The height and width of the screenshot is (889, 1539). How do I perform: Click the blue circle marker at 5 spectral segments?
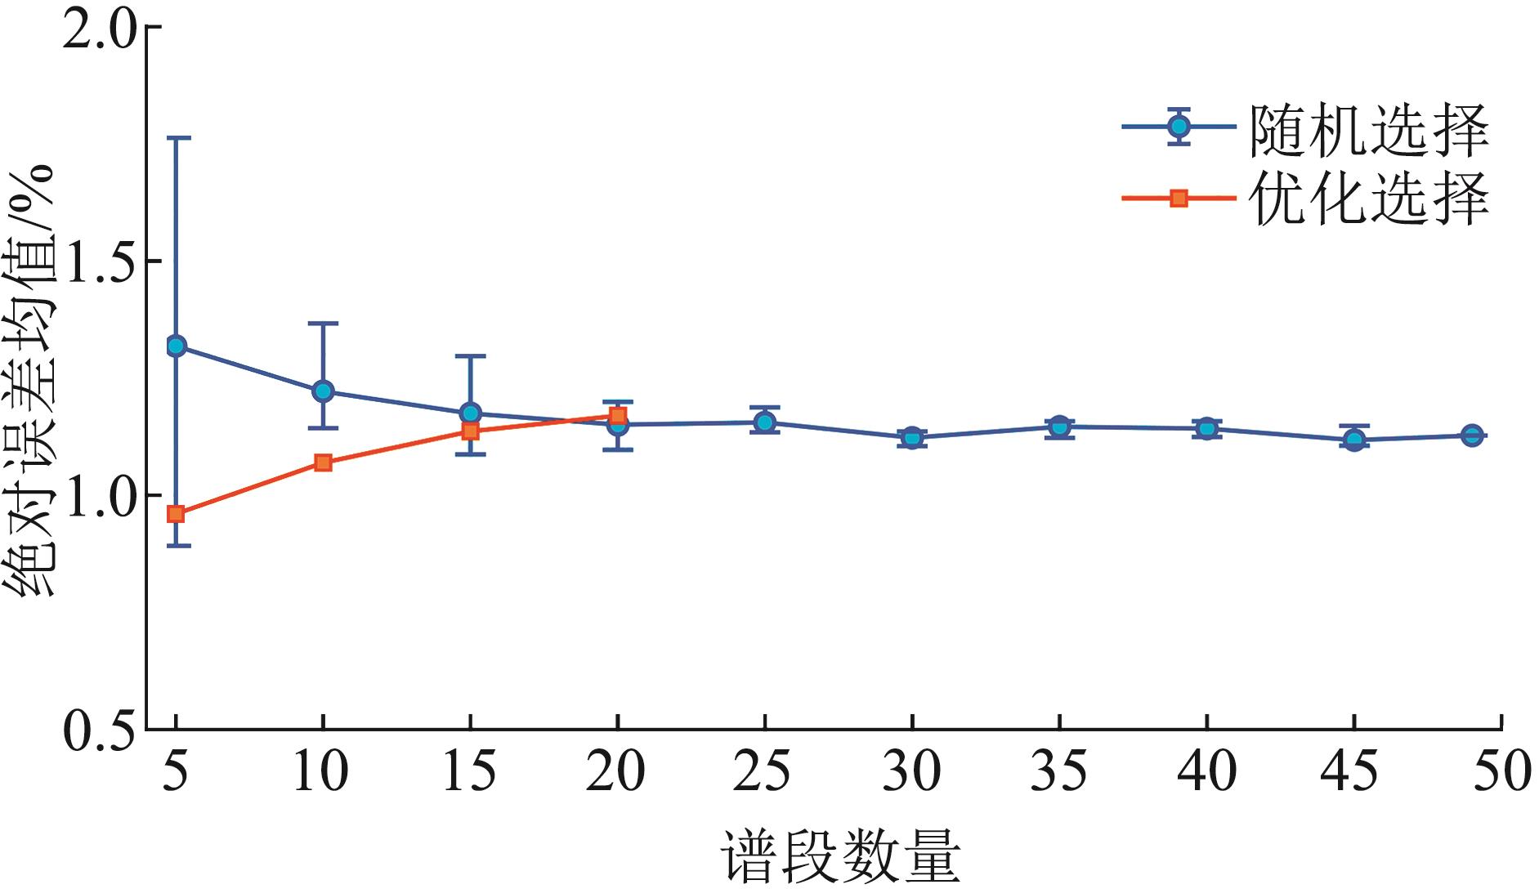point(176,346)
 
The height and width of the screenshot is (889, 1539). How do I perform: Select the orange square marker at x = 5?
point(176,514)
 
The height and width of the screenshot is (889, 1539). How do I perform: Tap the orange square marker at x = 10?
point(323,462)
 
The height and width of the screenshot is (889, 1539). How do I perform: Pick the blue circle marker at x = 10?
point(323,391)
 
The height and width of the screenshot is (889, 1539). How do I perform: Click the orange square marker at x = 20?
point(618,416)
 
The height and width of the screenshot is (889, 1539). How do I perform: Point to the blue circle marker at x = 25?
point(765,422)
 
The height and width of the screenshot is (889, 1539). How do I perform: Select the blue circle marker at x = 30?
point(912,437)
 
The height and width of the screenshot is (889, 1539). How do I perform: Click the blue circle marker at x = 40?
point(1207,427)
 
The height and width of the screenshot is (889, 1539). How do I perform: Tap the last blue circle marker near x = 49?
point(1472,436)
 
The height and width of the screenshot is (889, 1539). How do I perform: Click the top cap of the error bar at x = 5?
point(176,138)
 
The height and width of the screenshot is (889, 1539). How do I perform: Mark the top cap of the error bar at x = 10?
point(323,324)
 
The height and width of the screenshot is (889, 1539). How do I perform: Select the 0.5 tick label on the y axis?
point(98,730)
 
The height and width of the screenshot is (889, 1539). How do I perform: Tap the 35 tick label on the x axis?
point(1058,771)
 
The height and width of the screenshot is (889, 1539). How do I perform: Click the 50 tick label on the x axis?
point(1501,771)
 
